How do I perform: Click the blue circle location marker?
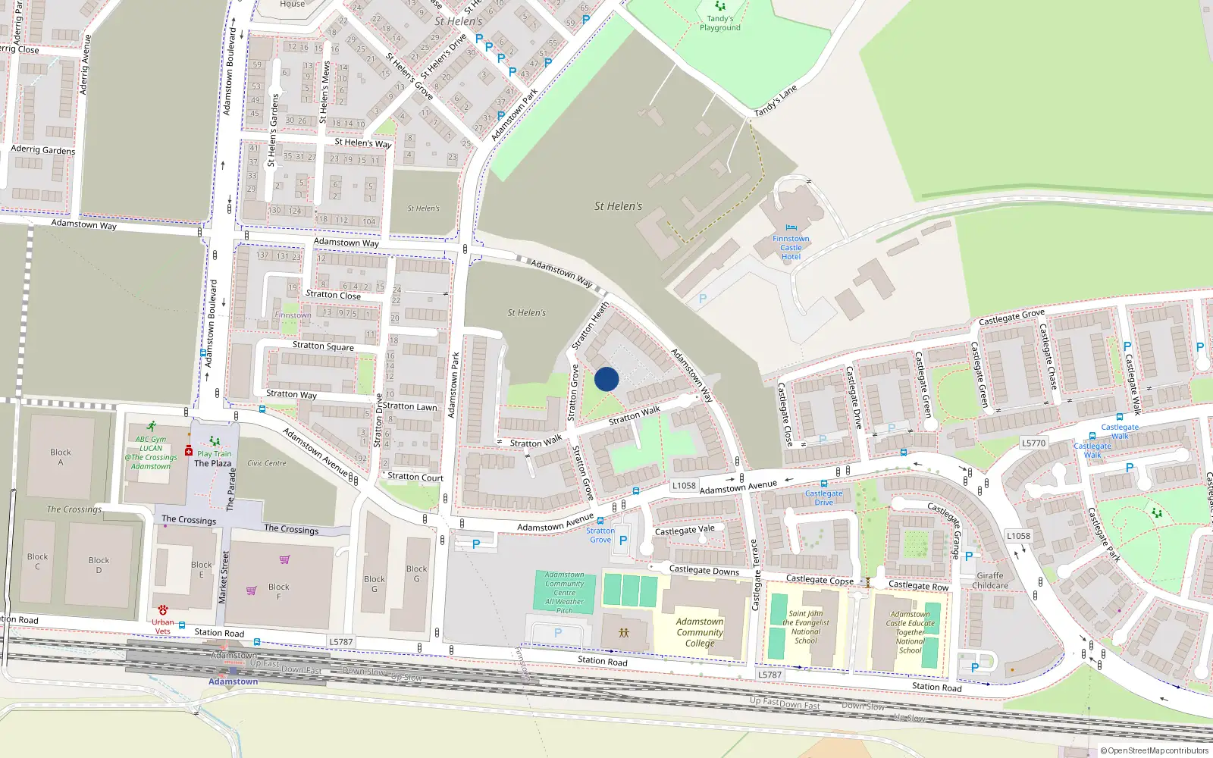coord(606,379)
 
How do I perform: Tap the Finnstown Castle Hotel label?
coord(791,247)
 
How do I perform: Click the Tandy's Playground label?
coord(719,23)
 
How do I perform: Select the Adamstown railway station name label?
coord(233,681)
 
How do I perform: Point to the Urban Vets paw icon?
coord(163,609)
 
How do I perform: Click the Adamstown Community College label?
coord(700,632)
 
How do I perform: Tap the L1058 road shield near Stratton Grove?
coord(684,486)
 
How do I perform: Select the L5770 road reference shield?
coord(1033,443)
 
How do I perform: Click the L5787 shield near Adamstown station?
coord(340,642)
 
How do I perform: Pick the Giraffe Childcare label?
coord(990,581)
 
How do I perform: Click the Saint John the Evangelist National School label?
coord(805,627)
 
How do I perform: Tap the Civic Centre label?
coord(267,463)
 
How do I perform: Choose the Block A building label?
coord(61,457)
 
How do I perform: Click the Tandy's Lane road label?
coord(776,101)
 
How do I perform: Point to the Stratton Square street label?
coord(323,346)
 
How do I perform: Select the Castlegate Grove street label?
coord(1011,318)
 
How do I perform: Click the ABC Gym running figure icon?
coord(152,427)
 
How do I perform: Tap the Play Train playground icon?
coord(215,441)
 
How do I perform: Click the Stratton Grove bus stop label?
coord(600,535)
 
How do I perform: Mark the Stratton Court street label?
coord(415,477)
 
